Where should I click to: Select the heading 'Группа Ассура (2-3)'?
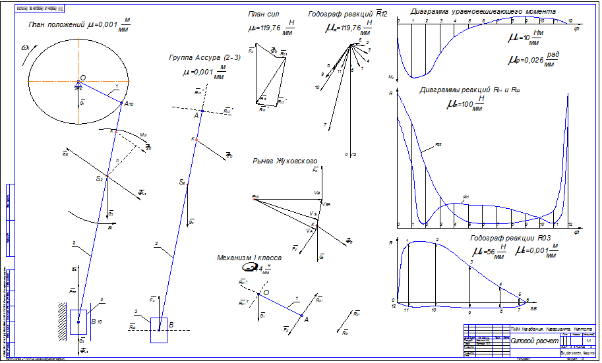(x=206, y=58)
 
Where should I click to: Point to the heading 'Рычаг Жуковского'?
(x=285, y=160)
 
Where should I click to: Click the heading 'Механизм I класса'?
(x=249, y=258)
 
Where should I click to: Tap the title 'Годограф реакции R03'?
(x=511, y=237)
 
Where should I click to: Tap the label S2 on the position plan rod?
(x=99, y=179)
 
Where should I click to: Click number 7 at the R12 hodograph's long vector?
(x=326, y=124)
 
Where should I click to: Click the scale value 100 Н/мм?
(x=456, y=104)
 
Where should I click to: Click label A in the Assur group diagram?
(x=195, y=116)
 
